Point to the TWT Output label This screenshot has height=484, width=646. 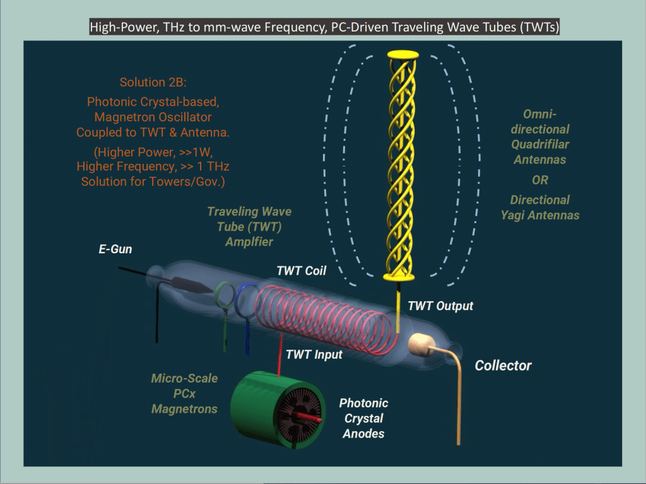pos(440,306)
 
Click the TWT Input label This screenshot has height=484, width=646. pos(314,355)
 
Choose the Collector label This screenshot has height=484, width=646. pos(503,366)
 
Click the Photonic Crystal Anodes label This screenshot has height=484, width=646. pos(363,418)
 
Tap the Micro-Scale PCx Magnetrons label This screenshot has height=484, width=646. pos(184,394)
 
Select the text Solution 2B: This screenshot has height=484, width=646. pos(148,83)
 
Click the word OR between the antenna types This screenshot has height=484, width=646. pos(539,180)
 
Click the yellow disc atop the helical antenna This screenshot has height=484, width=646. pos(399,55)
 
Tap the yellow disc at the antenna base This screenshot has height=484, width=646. pos(399,277)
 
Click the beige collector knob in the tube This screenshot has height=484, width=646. pos(418,343)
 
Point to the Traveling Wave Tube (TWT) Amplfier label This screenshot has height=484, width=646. pos(249,226)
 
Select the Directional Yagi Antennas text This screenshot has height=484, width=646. pos(540,207)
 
